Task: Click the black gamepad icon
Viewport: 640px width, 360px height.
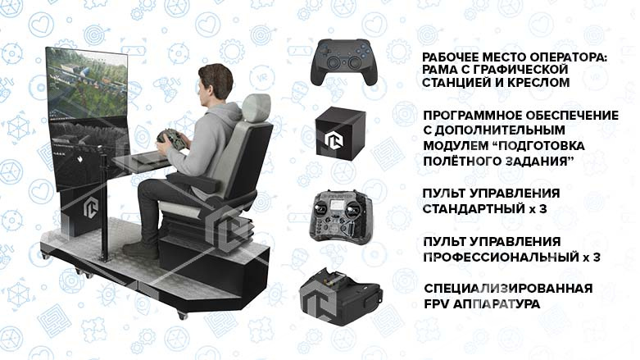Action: point(343,61)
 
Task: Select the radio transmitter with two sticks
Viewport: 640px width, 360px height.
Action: point(343,216)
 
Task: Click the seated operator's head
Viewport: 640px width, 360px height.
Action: point(211,84)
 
